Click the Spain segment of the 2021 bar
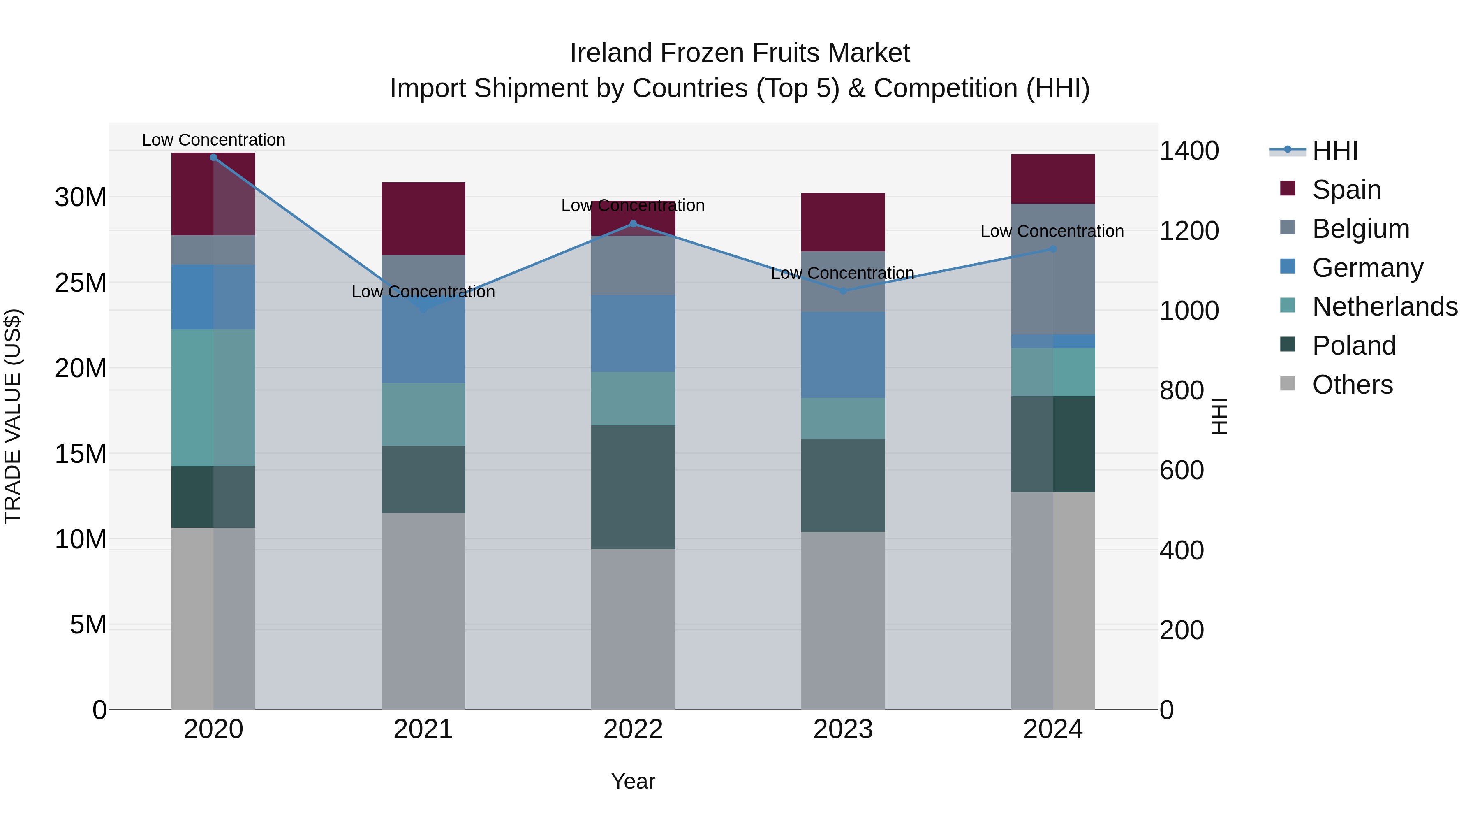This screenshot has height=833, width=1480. [423, 218]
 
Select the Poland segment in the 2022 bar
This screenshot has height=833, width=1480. [633, 487]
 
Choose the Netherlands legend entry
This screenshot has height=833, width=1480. [1384, 306]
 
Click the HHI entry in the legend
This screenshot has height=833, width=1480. [1334, 151]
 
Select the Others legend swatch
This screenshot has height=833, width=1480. [1288, 383]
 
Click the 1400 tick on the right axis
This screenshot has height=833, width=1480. [1189, 151]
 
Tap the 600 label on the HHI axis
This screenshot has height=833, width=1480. [1182, 470]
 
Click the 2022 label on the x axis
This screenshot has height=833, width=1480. [633, 729]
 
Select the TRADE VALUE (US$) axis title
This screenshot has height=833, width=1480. [13, 416]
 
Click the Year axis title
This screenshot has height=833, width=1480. [633, 781]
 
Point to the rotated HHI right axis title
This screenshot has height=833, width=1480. [1219, 416]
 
